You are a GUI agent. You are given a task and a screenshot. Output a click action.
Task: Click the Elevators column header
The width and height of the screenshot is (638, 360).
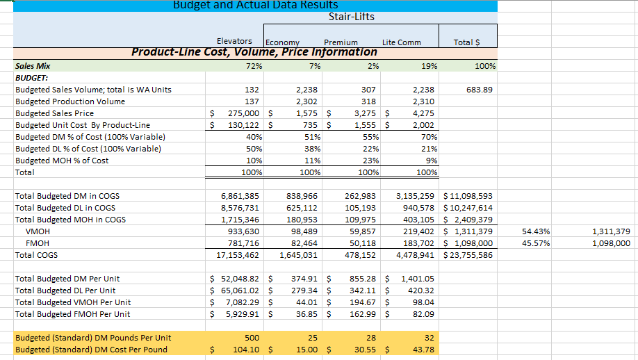point(234,42)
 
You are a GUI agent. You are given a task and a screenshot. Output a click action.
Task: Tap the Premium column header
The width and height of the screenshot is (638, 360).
point(341,42)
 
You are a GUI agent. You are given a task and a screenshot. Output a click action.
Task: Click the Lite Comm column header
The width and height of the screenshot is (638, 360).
point(401,42)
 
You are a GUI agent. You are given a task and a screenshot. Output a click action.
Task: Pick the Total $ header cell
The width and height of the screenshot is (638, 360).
point(466,42)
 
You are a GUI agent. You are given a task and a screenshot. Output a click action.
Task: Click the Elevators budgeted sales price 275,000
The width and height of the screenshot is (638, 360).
point(243,113)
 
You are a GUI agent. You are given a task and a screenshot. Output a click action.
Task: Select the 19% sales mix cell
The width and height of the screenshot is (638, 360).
point(429,66)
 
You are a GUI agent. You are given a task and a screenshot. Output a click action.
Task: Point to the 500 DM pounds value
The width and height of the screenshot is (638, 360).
point(252,338)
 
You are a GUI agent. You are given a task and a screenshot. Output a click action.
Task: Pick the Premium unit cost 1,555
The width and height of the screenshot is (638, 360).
point(366,125)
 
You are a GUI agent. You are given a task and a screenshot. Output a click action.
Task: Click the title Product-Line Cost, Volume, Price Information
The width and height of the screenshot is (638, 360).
point(254,52)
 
